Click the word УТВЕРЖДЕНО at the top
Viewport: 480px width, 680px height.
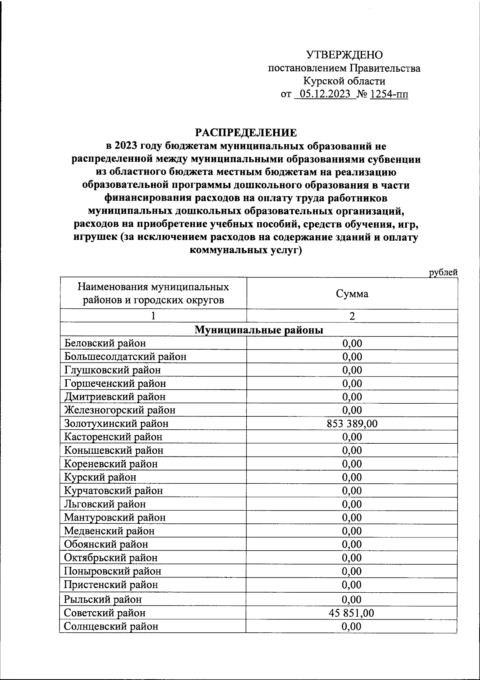(344, 55)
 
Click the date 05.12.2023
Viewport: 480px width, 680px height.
(325, 95)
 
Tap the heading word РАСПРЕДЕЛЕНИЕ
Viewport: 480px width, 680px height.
(246, 133)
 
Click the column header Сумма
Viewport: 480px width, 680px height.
(352, 294)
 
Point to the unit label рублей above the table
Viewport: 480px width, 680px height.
(443, 273)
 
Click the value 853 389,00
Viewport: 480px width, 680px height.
(352, 424)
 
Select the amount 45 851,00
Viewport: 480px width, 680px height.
(352, 613)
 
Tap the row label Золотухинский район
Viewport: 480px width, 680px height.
(116, 424)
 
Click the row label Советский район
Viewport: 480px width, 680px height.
(105, 613)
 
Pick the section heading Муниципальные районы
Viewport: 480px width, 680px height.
(259, 330)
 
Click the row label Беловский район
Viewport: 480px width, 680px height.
(105, 343)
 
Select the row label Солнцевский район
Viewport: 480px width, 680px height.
(111, 626)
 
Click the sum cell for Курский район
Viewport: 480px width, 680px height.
(352, 477)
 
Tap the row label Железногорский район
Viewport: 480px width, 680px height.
(120, 410)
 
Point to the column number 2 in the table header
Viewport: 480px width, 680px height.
(352, 316)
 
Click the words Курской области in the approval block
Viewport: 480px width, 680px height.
(344, 81)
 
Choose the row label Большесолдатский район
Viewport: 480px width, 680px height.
(125, 356)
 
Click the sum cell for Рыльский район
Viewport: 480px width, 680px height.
(352, 600)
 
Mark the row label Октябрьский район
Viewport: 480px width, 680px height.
(111, 558)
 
